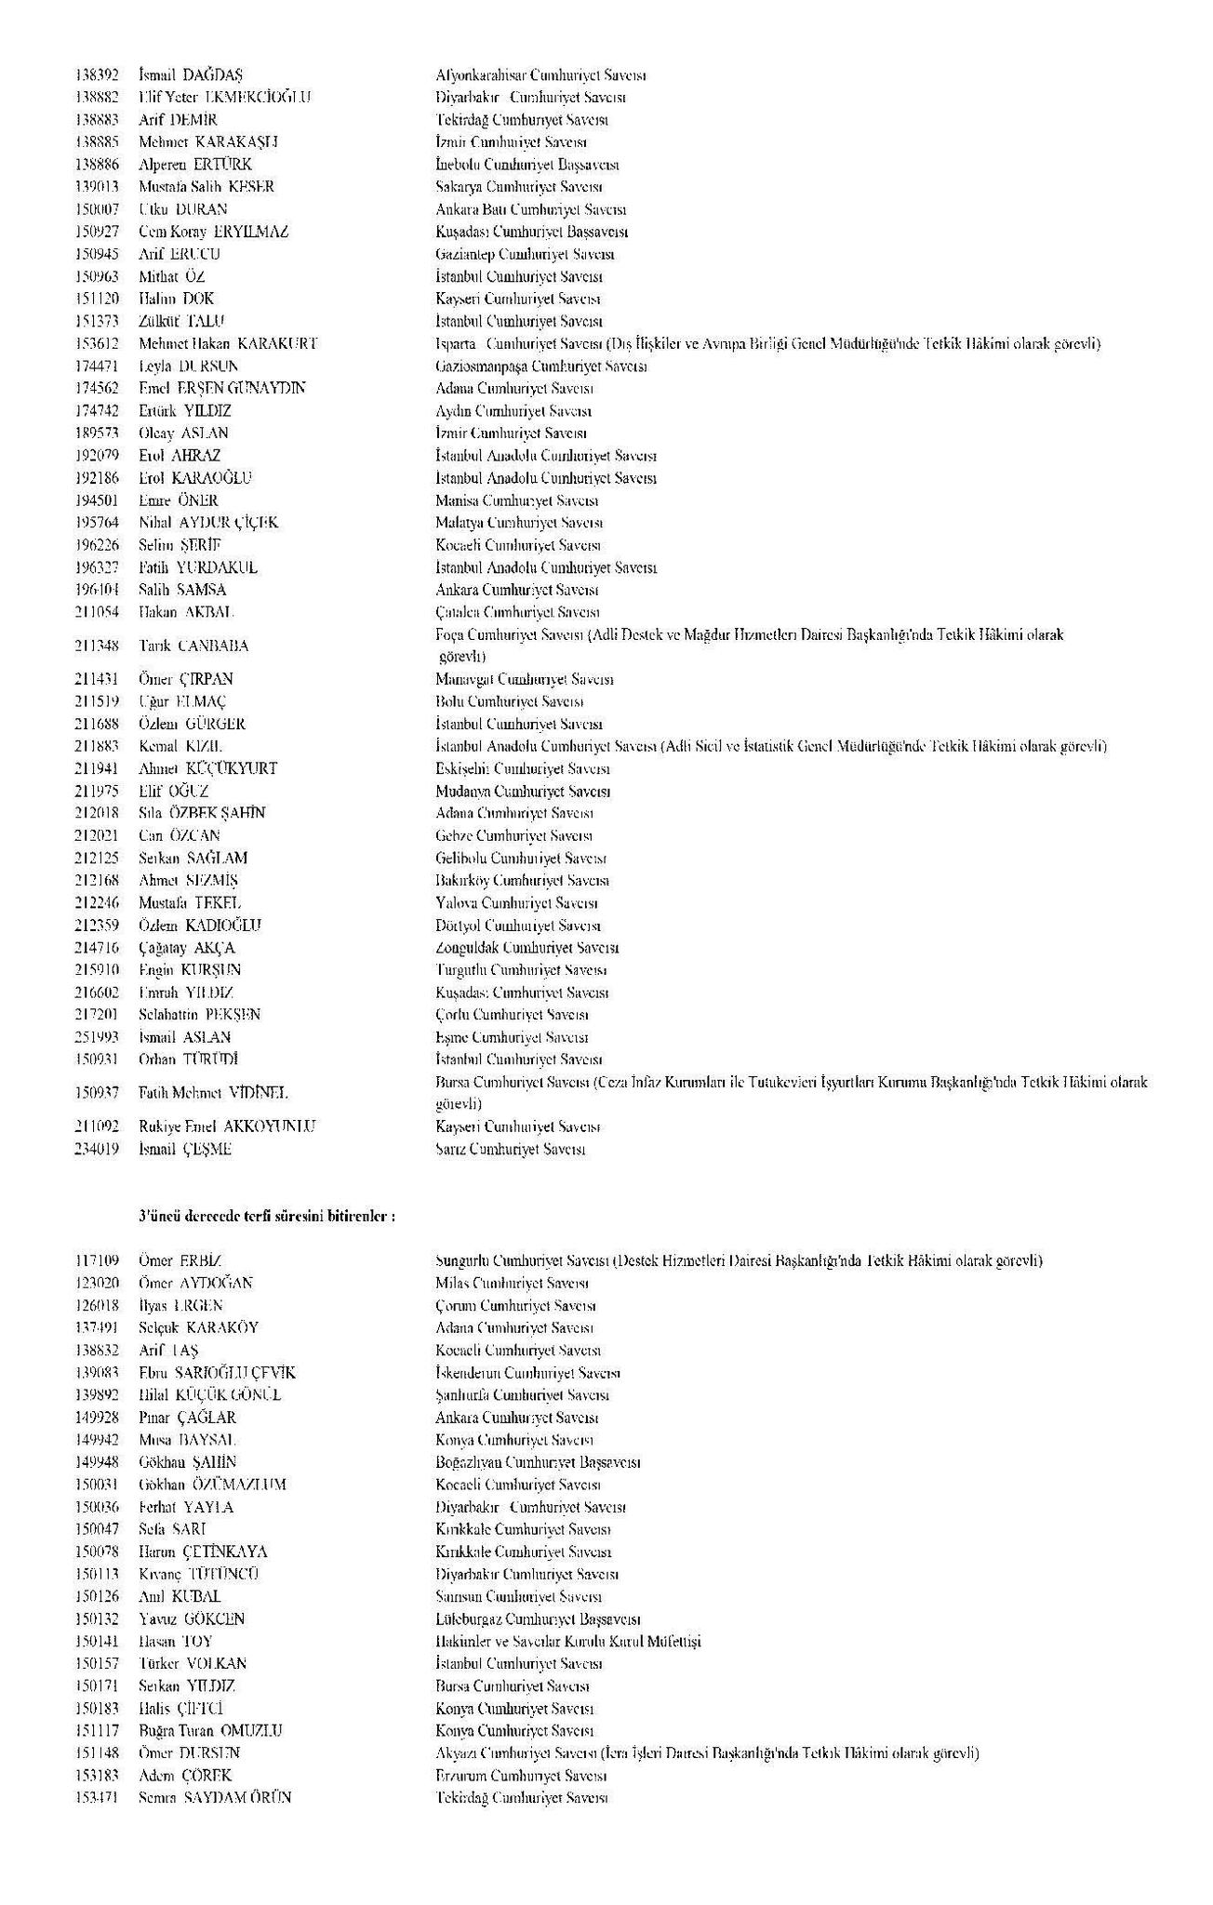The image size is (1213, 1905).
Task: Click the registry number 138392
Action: (97, 75)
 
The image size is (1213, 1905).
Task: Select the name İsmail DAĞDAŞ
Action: (191, 75)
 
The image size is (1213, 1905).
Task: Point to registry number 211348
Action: (97, 646)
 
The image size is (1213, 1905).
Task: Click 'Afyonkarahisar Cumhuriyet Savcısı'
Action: (540, 75)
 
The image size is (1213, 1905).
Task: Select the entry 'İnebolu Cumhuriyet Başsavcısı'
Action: (527, 165)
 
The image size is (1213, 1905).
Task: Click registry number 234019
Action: (97, 1149)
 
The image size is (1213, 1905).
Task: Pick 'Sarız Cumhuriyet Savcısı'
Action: (510, 1149)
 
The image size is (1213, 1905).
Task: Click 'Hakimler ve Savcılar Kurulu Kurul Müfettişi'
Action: (567, 1641)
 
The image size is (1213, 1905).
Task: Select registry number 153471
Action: (97, 1797)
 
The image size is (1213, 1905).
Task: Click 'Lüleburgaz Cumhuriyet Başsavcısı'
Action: (538, 1619)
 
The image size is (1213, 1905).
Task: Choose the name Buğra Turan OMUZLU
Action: (210, 1730)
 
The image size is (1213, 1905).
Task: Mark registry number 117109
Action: (97, 1260)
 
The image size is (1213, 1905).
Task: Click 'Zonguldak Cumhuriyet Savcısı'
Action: (527, 948)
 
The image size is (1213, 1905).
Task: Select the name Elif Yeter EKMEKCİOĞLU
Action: (224, 98)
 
